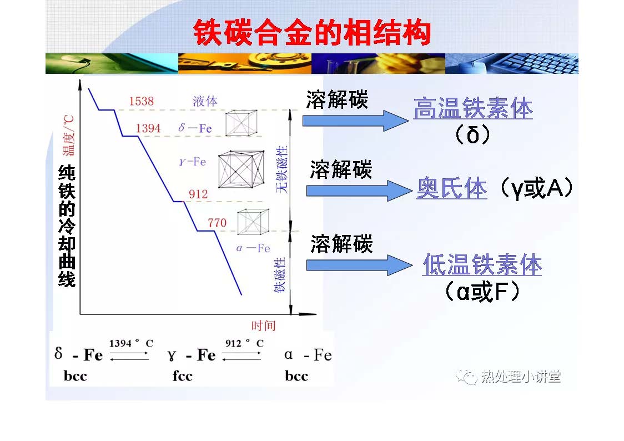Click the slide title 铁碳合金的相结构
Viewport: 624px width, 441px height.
point(312,32)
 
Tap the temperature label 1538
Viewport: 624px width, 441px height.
point(141,101)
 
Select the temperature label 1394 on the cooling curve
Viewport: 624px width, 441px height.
point(148,128)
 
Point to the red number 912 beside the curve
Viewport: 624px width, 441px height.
point(198,194)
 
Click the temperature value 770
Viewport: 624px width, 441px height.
point(217,223)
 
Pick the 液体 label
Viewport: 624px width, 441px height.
point(205,101)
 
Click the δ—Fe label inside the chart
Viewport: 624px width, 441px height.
point(195,128)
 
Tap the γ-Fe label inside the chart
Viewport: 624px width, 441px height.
point(193,161)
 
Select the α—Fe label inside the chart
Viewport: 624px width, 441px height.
point(253,248)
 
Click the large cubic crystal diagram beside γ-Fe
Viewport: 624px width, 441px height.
point(241,169)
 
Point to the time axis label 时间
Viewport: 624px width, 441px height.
point(264,325)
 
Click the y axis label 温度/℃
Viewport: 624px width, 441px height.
point(68,136)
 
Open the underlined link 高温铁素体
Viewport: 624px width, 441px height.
point(473,108)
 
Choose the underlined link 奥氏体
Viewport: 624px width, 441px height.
point(452,188)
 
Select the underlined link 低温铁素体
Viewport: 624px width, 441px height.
point(482,265)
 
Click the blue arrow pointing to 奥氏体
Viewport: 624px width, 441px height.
point(359,191)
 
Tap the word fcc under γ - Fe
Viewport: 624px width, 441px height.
point(182,375)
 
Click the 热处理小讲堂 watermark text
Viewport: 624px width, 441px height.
point(521,376)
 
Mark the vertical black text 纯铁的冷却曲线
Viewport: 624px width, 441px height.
point(67,225)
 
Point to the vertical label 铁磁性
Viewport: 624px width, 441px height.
point(280,274)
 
